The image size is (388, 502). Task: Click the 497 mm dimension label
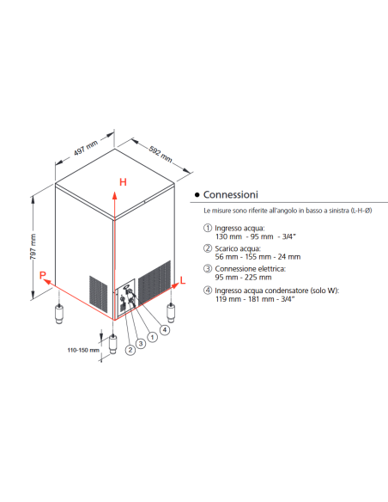click(x=83, y=150)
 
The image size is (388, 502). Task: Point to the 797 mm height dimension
click(x=33, y=250)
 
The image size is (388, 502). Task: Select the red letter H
click(x=123, y=182)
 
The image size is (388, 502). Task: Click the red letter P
click(x=40, y=274)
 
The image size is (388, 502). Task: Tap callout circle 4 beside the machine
click(x=165, y=329)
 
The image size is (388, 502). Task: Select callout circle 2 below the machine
click(x=130, y=349)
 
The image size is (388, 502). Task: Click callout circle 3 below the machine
click(x=141, y=343)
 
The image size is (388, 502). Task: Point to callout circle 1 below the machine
click(x=153, y=337)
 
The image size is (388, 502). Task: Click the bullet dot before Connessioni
click(x=197, y=196)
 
